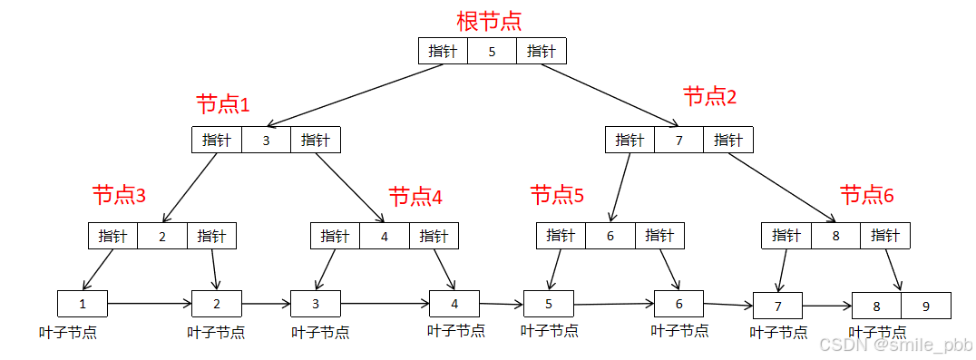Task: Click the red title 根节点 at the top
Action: [489, 20]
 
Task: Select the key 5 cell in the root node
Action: [492, 51]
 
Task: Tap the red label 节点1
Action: [222, 103]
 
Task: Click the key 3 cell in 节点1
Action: [266, 140]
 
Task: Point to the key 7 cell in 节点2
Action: [679, 140]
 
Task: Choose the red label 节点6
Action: [866, 195]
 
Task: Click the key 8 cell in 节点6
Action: [835, 236]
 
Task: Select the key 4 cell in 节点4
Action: [384, 236]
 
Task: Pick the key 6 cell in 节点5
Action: [610, 236]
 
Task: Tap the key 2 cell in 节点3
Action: [162, 236]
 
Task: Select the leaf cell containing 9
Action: [926, 306]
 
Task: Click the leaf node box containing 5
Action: [549, 305]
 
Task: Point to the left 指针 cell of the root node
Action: [443, 51]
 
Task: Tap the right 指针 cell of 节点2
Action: [728, 140]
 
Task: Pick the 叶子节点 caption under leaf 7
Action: [778, 332]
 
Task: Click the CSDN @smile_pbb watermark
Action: [893, 345]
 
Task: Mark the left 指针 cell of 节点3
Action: [112, 236]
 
